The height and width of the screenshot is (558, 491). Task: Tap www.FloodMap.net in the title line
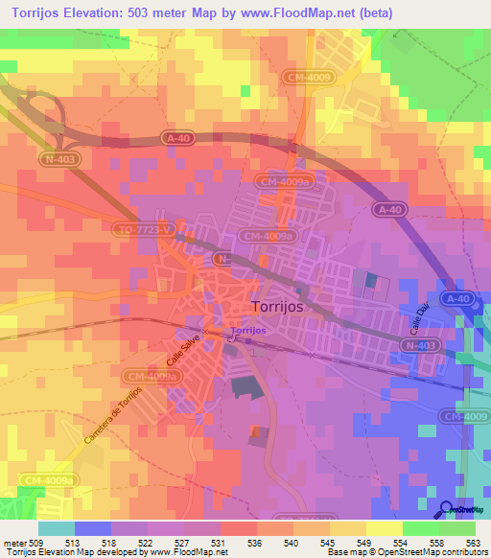tap(323, 11)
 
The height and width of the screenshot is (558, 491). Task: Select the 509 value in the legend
tap(36, 542)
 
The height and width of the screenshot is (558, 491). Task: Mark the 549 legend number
tap(364, 542)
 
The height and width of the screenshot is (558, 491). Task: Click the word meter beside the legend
tap(13, 542)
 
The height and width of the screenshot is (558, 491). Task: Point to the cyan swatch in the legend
tap(56, 528)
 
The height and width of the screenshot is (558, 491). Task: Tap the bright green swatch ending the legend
tap(456, 528)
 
